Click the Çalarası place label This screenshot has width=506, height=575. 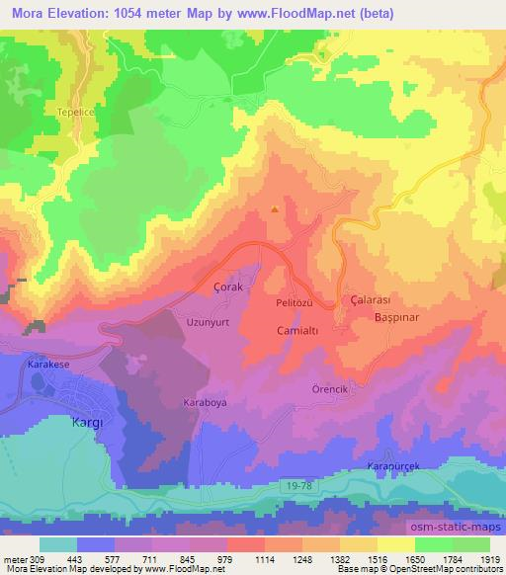coord(373,298)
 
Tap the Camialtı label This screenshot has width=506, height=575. coord(296,332)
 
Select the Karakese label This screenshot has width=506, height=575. coord(52,364)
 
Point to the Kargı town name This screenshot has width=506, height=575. coord(84,422)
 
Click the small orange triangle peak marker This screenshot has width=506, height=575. coord(275,208)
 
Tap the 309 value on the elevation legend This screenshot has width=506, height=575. coord(38,559)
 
